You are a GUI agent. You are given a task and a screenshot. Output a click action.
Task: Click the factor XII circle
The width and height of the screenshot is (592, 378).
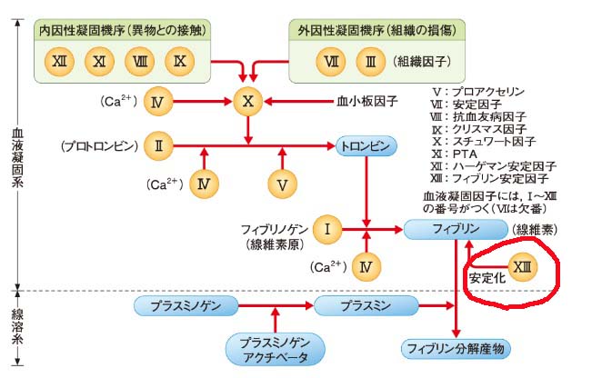click(x=61, y=62)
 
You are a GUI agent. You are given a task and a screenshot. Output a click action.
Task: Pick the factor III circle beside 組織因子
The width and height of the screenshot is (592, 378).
click(x=369, y=62)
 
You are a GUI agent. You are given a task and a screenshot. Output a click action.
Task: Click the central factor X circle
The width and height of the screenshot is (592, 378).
click(x=247, y=101)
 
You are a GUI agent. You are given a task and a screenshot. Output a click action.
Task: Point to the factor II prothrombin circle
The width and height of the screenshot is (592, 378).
click(x=159, y=145)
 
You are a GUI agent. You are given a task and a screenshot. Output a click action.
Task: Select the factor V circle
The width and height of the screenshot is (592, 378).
click(x=282, y=184)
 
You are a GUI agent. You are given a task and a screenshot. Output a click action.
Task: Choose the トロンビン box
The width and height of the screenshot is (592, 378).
click(x=366, y=145)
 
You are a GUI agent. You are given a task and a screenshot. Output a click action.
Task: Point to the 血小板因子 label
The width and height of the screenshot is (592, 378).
click(x=367, y=102)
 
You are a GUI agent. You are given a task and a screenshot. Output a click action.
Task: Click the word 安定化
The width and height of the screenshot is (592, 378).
click(x=485, y=276)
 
